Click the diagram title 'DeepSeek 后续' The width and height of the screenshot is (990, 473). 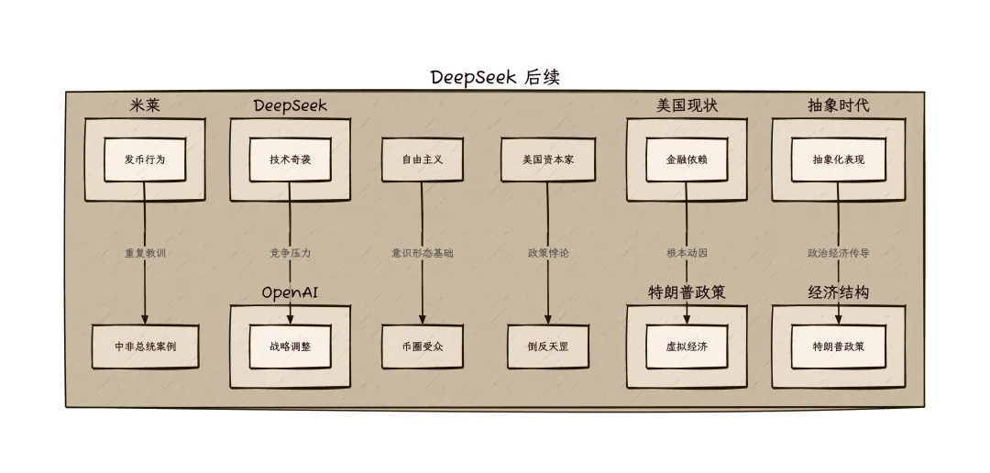494,77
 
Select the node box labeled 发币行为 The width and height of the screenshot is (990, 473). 145,159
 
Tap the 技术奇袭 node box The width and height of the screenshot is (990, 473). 290,159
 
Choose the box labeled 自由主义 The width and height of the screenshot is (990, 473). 422,159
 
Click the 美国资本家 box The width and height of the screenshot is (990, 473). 548,159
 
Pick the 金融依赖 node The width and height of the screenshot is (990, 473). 687,159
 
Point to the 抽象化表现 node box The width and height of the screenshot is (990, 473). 838,159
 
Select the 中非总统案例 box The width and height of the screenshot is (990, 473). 145,347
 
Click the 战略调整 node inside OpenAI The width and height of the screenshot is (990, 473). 290,347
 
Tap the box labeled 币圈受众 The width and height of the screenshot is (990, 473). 422,347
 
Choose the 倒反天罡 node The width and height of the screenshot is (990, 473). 548,347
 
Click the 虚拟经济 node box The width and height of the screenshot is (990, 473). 687,347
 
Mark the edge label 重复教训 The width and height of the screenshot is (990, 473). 145,253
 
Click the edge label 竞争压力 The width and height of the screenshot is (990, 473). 290,253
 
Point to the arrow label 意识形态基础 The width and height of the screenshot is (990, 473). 422,253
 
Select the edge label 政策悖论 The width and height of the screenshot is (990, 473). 548,253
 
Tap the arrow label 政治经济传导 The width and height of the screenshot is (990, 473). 838,253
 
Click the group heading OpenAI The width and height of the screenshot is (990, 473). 290,292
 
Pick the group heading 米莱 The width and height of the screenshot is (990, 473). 145,105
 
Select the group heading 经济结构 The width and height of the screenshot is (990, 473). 838,292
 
